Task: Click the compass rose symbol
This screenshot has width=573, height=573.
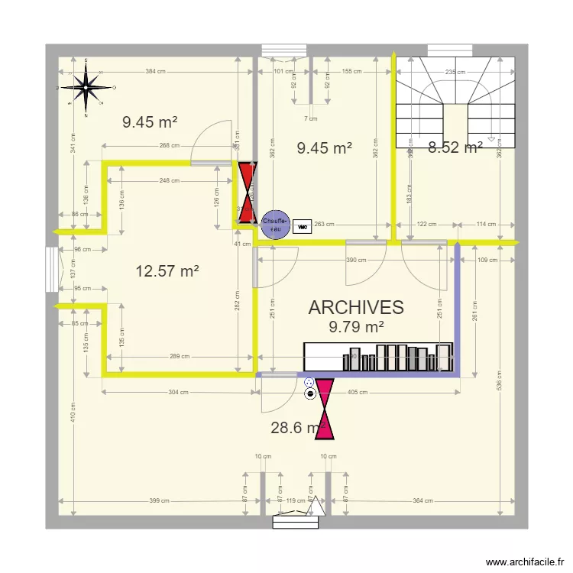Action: point(86,88)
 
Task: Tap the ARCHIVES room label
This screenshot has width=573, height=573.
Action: point(356,307)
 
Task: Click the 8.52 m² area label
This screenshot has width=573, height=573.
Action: point(455,148)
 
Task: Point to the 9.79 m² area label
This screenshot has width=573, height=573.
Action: point(356,328)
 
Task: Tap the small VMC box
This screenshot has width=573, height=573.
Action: point(302,226)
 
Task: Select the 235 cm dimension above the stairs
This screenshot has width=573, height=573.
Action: point(455,72)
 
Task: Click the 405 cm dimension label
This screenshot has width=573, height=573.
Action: point(358,393)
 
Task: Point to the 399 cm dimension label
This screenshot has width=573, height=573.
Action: point(159,501)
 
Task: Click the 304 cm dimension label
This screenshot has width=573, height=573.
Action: point(177,393)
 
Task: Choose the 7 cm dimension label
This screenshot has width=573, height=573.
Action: point(310,118)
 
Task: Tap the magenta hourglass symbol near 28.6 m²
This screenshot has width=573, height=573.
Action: point(325,410)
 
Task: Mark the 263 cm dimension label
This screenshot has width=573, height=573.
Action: point(324,225)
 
